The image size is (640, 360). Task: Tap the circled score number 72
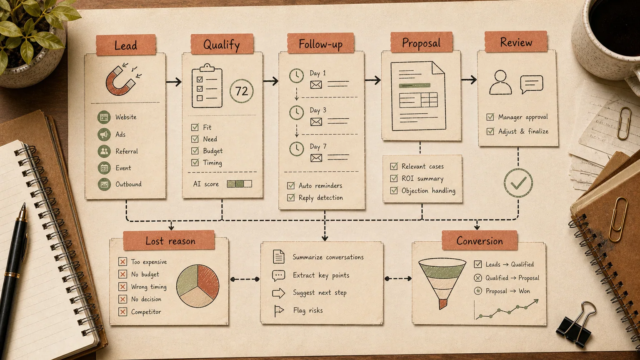coord(241,91)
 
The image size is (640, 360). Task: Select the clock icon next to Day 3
coord(297,112)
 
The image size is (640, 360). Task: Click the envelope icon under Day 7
coord(316,158)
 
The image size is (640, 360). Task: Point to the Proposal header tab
coord(421,42)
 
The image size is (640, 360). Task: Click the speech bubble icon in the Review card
coord(531,84)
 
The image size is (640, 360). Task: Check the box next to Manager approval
coord(490,117)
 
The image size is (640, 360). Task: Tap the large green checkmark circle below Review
coord(518,183)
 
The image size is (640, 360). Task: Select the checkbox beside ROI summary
coord(394,178)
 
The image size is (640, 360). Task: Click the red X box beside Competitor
coord(122,312)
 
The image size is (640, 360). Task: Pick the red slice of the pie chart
coord(208,281)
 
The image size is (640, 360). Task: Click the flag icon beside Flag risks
coord(278,311)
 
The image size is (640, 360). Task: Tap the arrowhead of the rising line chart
coord(536,301)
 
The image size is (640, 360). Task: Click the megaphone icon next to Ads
coord(104,134)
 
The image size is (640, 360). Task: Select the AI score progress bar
coord(240,184)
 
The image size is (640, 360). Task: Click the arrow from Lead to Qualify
coord(174,82)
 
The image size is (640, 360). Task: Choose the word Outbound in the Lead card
coord(129,184)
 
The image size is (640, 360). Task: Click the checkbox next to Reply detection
coord(291,197)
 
